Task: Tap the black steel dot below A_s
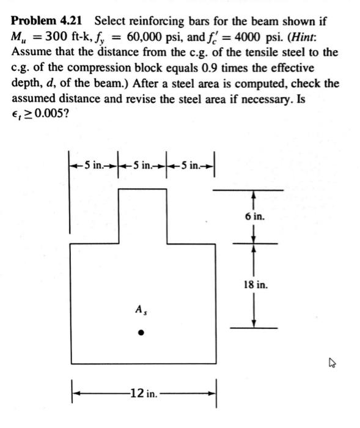[141, 334]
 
